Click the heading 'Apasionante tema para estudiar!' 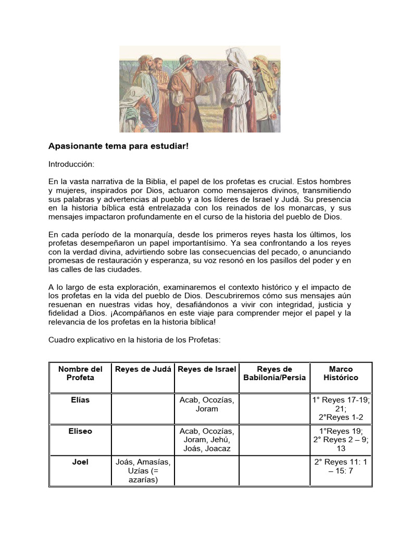pyautogui.click(x=118, y=147)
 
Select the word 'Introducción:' pyautogui.click(x=71, y=164)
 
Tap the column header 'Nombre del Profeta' pyautogui.click(x=80, y=373)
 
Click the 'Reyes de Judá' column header pyautogui.click(x=143, y=369)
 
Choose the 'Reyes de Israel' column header pyautogui.click(x=207, y=369)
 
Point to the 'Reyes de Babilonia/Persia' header pyautogui.click(x=274, y=373)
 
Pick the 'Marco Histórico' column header pyautogui.click(x=341, y=373)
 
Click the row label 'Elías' pyautogui.click(x=80, y=400)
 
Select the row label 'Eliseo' pyautogui.click(x=80, y=431)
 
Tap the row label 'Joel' pyautogui.click(x=80, y=462)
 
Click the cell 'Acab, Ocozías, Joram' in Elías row pyautogui.click(x=207, y=404)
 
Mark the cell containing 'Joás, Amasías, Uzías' pyautogui.click(x=143, y=471)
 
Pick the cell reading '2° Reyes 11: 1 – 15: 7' pyautogui.click(x=341, y=466)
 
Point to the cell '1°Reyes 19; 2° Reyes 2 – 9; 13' pyautogui.click(x=341, y=440)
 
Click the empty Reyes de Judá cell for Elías pyautogui.click(x=143, y=408)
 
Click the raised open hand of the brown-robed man pyautogui.click(x=208, y=79)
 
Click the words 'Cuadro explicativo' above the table pyautogui.click(x=80, y=339)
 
